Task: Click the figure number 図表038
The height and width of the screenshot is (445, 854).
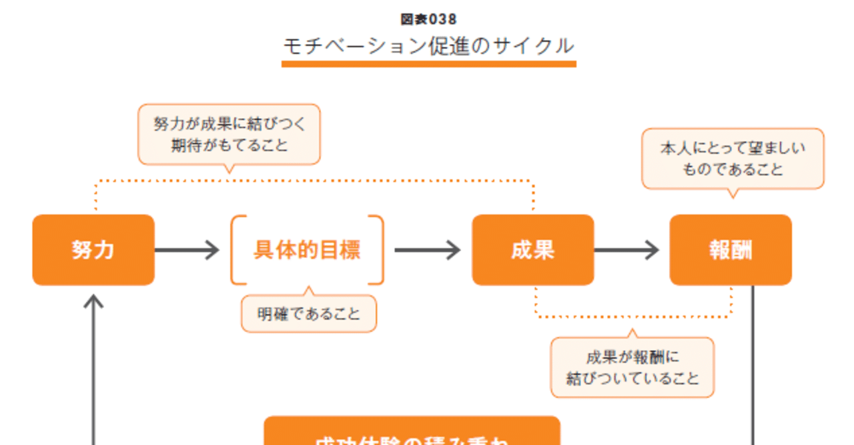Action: pyautogui.click(x=428, y=19)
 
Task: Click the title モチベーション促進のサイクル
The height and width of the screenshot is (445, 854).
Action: pyautogui.click(x=428, y=46)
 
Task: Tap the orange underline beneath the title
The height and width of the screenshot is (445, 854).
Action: pyautogui.click(x=428, y=64)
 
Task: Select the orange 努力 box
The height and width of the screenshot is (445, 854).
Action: pyautogui.click(x=93, y=250)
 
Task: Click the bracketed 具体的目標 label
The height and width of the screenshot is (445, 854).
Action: pyautogui.click(x=307, y=250)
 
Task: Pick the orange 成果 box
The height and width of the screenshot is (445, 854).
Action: pyautogui.click(x=532, y=250)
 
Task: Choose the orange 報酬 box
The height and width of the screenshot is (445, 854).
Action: pyautogui.click(x=731, y=250)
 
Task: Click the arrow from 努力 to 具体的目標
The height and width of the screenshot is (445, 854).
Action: pyautogui.click(x=187, y=250)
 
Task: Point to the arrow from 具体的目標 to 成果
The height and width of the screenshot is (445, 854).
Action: pyautogui.click(x=427, y=250)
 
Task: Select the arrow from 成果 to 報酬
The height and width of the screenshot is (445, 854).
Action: pyautogui.click(x=626, y=250)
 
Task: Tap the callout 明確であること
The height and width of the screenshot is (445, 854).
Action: pyautogui.click(x=309, y=313)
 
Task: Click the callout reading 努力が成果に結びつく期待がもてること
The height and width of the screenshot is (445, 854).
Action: pyautogui.click(x=229, y=134)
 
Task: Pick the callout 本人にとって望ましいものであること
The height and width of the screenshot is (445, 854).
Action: pyautogui.click(x=733, y=159)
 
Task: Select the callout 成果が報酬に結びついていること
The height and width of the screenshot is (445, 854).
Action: pyautogui.click(x=632, y=367)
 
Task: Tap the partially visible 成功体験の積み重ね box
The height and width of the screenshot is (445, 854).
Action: pyautogui.click(x=412, y=432)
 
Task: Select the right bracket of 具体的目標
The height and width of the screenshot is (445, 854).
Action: pyautogui.click(x=380, y=250)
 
